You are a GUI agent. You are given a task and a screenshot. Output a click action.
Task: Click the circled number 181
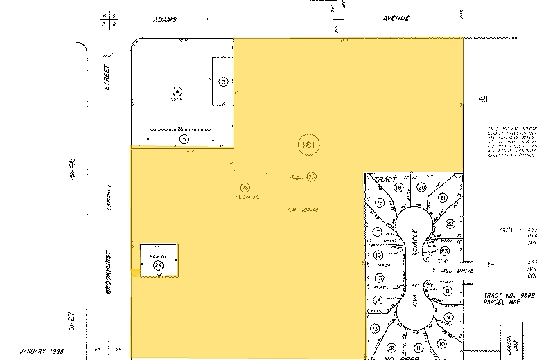(308, 145)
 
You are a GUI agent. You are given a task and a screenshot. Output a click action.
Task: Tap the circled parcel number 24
(158, 264)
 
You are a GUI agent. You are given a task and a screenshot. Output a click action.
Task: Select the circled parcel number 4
(177, 91)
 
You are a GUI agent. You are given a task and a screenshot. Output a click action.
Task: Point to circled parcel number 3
(223, 81)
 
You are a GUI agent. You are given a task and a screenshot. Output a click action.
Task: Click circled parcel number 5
(184, 138)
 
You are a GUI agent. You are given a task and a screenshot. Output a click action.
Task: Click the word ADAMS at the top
(165, 19)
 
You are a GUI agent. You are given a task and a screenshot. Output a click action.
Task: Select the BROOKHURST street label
(109, 271)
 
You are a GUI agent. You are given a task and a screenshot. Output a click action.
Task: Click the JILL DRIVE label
(457, 271)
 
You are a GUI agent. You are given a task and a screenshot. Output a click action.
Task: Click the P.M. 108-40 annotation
(303, 209)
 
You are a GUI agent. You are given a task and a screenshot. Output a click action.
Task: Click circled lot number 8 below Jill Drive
(448, 291)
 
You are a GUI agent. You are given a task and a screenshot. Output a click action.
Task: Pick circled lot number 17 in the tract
(378, 232)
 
